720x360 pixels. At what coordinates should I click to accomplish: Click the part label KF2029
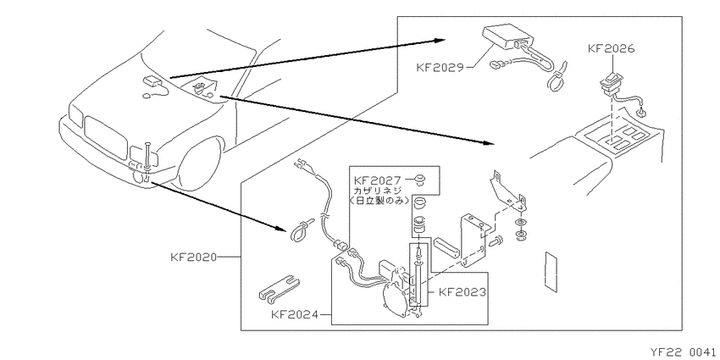(x=440, y=68)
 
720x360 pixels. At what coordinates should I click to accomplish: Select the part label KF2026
(x=612, y=48)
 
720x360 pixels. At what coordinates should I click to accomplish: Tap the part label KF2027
(x=378, y=180)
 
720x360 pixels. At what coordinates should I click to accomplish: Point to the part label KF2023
(x=462, y=292)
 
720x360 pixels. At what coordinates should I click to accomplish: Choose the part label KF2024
(x=295, y=314)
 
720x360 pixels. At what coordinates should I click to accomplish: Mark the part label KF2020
(x=193, y=258)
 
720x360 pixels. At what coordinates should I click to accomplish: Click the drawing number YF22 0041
(x=683, y=352)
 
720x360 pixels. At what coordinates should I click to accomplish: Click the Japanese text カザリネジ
(x=377, y=190)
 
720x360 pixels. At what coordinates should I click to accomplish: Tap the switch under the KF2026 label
(x=609, y=85)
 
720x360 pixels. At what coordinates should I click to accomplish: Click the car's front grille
(x=106, y=138)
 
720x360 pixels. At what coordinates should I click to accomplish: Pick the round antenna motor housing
(x=395, y=298)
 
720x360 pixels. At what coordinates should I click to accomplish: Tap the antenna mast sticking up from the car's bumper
(x=146, y=156)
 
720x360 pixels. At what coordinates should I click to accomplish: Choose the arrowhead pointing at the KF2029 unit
(x=440, y=41)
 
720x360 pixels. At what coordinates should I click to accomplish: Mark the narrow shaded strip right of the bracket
(x=551, y=270)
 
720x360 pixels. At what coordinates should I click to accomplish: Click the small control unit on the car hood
(x=152, y=80)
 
